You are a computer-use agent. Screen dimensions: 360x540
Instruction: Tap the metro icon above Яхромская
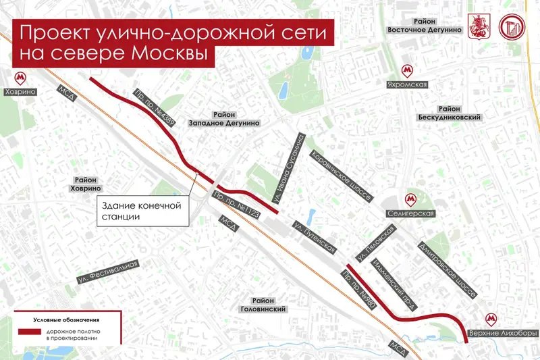406,70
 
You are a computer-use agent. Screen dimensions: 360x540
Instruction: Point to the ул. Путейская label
313,238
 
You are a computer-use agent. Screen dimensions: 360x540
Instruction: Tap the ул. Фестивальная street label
107,272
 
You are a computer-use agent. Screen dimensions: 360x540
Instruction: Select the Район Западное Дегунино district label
225,119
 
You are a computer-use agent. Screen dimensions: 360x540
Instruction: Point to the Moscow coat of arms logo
481,26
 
